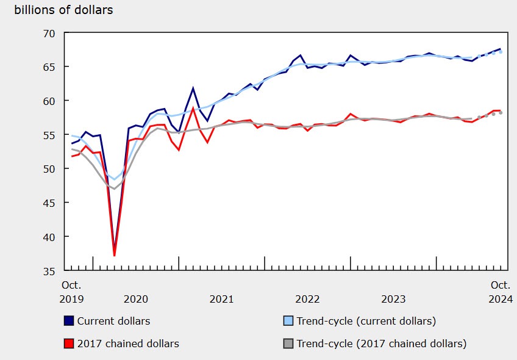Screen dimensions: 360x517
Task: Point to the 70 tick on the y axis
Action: (x=48, y=33)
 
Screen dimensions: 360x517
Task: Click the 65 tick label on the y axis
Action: (x=48, y=67)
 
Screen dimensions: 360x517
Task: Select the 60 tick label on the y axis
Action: (x=48, y=101)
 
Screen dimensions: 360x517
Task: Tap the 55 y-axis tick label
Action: (x=48, y=135)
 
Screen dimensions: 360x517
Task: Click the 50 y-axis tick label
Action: (x=48, y=168)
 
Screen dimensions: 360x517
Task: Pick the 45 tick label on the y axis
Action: (x=48, y=203)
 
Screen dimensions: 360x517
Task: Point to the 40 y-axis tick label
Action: (x=48, y=237)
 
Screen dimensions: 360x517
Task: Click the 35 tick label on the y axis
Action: (x=48, y=270)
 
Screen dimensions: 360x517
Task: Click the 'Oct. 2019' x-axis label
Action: (x=71, y=292)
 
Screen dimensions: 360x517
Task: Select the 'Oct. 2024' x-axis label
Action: (x=501, y=292)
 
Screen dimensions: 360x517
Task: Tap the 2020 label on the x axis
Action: (x=135, y=299)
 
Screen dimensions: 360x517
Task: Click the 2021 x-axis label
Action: (x=221, y=299)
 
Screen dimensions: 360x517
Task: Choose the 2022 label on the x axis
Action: (x=307, y=299)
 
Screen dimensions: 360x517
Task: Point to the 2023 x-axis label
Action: (x=393, y=299)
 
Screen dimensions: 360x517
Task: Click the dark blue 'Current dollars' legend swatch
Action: (x=69, y=321)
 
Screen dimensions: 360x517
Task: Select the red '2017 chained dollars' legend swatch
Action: (x=69, y=344)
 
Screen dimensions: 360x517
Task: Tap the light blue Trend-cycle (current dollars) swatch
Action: (x=288, y=321)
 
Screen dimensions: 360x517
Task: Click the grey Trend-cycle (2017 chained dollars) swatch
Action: (x=288, y=344)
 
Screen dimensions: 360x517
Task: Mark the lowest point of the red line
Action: (x=115, y=255)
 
